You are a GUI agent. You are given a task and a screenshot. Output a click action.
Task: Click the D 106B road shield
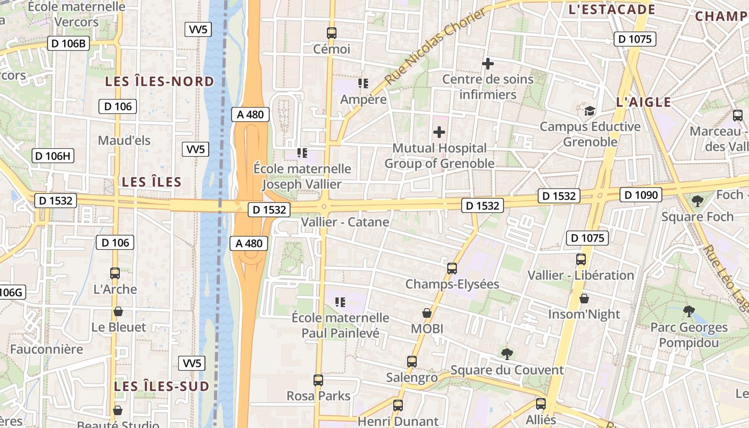[x=68, y=44]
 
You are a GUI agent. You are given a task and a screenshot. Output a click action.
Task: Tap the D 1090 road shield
[x=641, y=195]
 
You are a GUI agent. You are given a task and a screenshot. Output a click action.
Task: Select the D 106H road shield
[x=53, y=156]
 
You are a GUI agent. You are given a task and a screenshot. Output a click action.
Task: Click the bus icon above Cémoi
[x=332, y=33]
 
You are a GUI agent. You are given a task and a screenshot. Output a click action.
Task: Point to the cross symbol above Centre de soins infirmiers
[x=487, y=64]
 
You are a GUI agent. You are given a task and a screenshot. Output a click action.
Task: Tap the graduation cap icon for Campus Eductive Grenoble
[x=590, y=111]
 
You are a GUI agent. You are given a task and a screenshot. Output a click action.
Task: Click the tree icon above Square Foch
[x=697, y=201]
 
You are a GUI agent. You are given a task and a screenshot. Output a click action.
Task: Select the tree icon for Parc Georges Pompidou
[x=689, y=311]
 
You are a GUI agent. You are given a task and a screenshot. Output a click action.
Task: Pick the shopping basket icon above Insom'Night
[x=584, y=299]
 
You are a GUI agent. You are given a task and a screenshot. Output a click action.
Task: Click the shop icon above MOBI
[x=427, y=313]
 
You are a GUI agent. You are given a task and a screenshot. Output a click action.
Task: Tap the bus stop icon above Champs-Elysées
[x=452, y=269]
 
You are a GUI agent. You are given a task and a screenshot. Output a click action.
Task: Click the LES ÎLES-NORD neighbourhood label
[x=159, y=82]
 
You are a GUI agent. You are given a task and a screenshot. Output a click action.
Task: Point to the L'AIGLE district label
[x=644, y=102]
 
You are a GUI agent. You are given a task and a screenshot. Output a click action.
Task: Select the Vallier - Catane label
[x=345, y=221]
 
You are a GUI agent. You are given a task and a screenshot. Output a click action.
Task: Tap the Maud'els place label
[x=124, y=141]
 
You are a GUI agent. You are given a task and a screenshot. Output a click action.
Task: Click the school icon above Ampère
[x=364, y=83]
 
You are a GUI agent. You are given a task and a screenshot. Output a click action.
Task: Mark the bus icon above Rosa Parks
[x=318, y=380]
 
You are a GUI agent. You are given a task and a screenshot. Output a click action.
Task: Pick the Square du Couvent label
[x=507, y=370]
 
